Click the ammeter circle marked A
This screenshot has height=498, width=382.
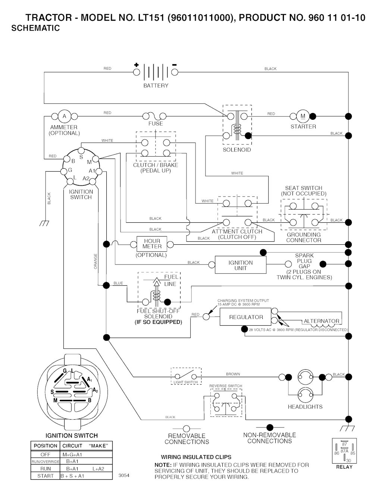(x=64, y=116)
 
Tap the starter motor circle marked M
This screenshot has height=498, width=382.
(x=303, y=116)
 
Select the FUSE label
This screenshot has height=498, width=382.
(x=156, y=123)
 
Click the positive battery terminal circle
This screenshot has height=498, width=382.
(x=137, y=72)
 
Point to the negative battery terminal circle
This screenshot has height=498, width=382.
(x=175, y=72)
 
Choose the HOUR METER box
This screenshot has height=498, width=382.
(x=152, y=244)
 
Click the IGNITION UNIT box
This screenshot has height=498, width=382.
(x=241, y=265)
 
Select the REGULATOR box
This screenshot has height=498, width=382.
(x=246, y=317)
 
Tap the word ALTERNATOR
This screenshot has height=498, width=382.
(x=322, y=321)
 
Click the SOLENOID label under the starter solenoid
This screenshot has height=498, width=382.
(x=237, y=150)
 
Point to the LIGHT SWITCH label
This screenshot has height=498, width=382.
(x=186, y=382)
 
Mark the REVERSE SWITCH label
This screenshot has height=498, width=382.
(x=226, y=386)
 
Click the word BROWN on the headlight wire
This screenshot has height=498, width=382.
(x=233, y=374)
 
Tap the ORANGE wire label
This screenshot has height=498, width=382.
(x=95, y=261)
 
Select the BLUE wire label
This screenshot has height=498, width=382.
(x=118, y=283)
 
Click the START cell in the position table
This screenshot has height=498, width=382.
(x=46, y=476)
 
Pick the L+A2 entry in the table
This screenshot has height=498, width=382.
(x=98, y=469)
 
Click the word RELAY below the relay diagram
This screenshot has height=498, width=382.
(x=344, y=467)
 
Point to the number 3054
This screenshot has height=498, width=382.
(x=124, y=475)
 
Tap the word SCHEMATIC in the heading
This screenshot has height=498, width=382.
(x=36, y=28)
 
